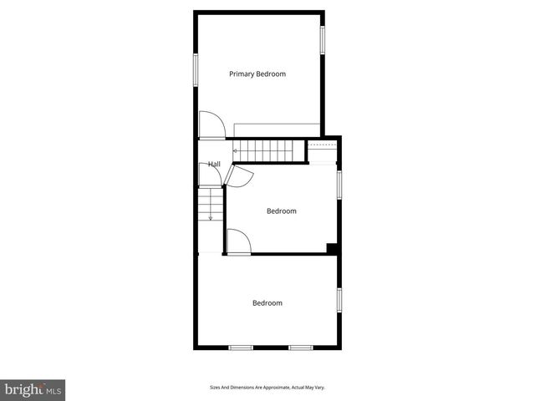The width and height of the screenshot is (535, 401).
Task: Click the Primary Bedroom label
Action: pos(257,74)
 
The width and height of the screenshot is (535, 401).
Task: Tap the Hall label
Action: pos(214,164)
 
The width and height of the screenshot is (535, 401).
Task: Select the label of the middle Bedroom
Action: pos(281,211)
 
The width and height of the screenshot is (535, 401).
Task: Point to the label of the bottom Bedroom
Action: pos(267,303)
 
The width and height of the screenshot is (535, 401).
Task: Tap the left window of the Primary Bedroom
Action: pos(196,69)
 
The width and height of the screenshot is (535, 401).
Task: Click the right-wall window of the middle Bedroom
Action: pos(339,184)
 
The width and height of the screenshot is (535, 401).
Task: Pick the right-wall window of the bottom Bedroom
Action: pos(339,300)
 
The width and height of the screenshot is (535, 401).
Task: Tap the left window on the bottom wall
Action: pos(242,347)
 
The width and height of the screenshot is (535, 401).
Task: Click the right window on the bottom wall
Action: pos(300,347)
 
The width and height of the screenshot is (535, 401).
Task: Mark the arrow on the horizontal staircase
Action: pos(236,151)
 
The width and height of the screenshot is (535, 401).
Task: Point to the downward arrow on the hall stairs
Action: pos(211,216)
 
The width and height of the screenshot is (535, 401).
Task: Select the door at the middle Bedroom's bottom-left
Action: pos(238,241)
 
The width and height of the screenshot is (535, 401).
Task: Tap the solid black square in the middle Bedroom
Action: pos(332,247)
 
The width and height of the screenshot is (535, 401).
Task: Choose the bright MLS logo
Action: pos(33,389)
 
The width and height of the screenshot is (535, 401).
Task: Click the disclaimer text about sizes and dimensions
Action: pos(267,388)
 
